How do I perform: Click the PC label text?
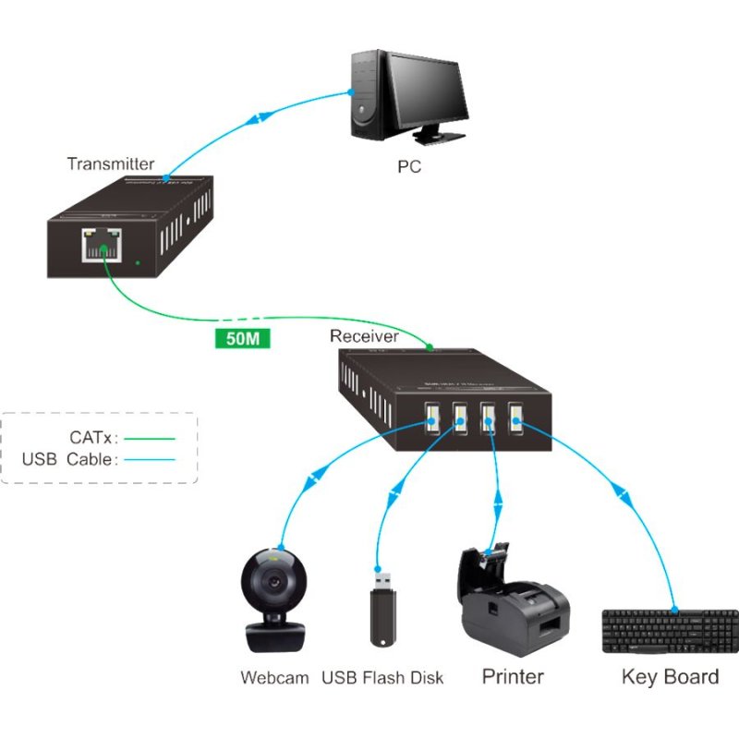[408, 167]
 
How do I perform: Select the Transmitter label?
[110, 164]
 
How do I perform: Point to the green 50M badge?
[242, 338]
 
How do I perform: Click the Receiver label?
[364, 336]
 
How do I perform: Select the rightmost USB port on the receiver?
[515, 418]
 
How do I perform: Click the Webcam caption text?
[274, 677]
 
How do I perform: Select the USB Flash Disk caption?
[382, 678]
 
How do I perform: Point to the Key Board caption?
[670, 676]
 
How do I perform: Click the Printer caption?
[513, 676]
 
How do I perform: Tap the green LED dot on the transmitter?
[138, 263]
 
